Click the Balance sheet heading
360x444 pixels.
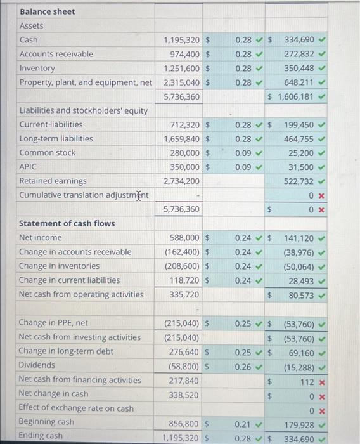47,11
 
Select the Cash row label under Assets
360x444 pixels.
29,40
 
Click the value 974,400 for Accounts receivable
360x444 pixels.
182,54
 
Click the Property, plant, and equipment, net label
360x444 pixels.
86,82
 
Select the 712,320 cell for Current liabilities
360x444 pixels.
182,124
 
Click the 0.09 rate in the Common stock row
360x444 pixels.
242,153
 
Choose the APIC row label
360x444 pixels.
28,167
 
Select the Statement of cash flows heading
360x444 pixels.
67,223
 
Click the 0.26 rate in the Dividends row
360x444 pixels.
242,365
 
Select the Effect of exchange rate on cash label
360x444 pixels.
76,408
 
